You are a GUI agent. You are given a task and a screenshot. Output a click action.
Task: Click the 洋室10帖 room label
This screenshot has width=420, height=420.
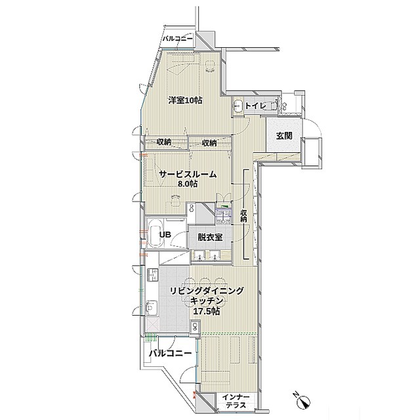(185, 100)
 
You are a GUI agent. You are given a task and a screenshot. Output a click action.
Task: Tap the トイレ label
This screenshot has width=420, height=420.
(255, 106)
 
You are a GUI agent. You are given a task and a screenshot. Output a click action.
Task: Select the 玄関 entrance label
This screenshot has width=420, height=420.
(284, 136)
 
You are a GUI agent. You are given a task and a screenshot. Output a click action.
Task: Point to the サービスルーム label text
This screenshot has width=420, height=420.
(188, 175)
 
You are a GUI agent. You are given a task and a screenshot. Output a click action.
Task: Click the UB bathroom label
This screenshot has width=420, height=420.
(165, 235)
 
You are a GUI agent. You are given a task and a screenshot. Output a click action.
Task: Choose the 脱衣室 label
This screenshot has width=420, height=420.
(210, 237)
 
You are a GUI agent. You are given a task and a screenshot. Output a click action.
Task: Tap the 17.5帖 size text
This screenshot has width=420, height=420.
(207, 311)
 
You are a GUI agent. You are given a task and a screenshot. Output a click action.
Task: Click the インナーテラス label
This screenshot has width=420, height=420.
(236, 401)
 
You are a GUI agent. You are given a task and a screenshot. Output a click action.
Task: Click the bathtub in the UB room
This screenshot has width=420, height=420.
(155, 233)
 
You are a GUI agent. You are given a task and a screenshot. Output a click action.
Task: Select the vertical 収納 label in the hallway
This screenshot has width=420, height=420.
(243, 216)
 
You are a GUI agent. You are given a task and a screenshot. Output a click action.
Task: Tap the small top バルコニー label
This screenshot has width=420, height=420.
(178, 39)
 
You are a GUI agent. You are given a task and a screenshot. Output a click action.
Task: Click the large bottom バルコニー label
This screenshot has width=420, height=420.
(171, 353)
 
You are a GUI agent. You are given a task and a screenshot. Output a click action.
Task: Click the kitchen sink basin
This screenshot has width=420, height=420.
(151, 308)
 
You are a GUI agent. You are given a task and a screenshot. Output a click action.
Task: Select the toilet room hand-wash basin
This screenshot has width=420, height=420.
(238, 105)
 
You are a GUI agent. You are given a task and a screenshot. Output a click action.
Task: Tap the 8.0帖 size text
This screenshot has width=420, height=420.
(188, 184)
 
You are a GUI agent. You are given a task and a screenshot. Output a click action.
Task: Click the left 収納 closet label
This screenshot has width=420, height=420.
(163, 142)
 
